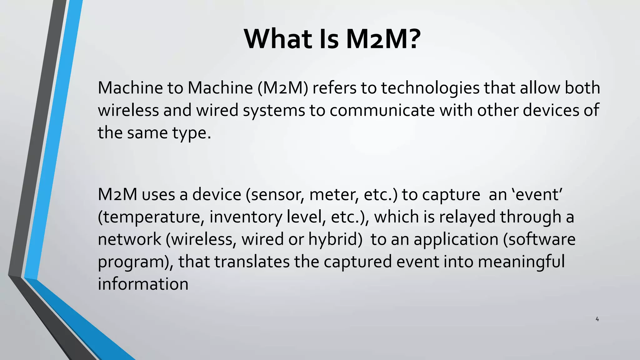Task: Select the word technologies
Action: click(x=430, y=88)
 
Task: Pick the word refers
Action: click(x=334, y=88)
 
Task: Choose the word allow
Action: click(x=540, y=88)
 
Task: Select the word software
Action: click(x=542, y=239)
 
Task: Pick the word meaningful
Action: click(x=521, y=262)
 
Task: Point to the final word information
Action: click(x=143, y=284)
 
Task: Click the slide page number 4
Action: click(x=597, y=319)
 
